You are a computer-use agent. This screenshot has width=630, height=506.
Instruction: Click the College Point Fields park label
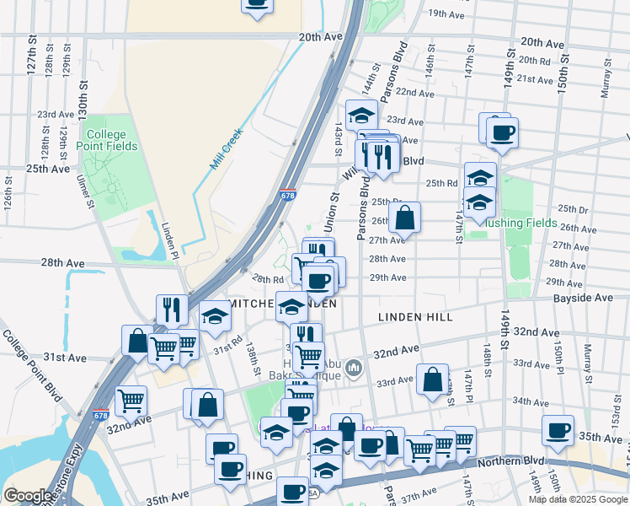[105, 141]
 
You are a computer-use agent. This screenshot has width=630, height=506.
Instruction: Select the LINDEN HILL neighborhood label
[415, 317]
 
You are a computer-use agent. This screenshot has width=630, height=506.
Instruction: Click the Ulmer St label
[84, 190]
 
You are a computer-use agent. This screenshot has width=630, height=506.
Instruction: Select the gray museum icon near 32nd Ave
[354, 367]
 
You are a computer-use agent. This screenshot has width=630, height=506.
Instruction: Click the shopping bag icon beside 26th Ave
[405, 218]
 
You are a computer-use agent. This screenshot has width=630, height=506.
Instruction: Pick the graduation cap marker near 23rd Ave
[361, 115]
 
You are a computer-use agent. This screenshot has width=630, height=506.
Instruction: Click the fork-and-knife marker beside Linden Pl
[173, 310]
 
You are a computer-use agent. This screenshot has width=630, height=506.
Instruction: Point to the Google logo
[29, 496]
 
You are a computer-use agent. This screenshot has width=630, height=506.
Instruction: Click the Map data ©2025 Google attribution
[579, 499]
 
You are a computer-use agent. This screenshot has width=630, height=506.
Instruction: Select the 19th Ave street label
[449, 13]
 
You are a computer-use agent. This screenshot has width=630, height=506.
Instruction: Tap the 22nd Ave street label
[414, 92]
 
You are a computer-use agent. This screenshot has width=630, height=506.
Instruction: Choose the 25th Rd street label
[441, 183]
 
